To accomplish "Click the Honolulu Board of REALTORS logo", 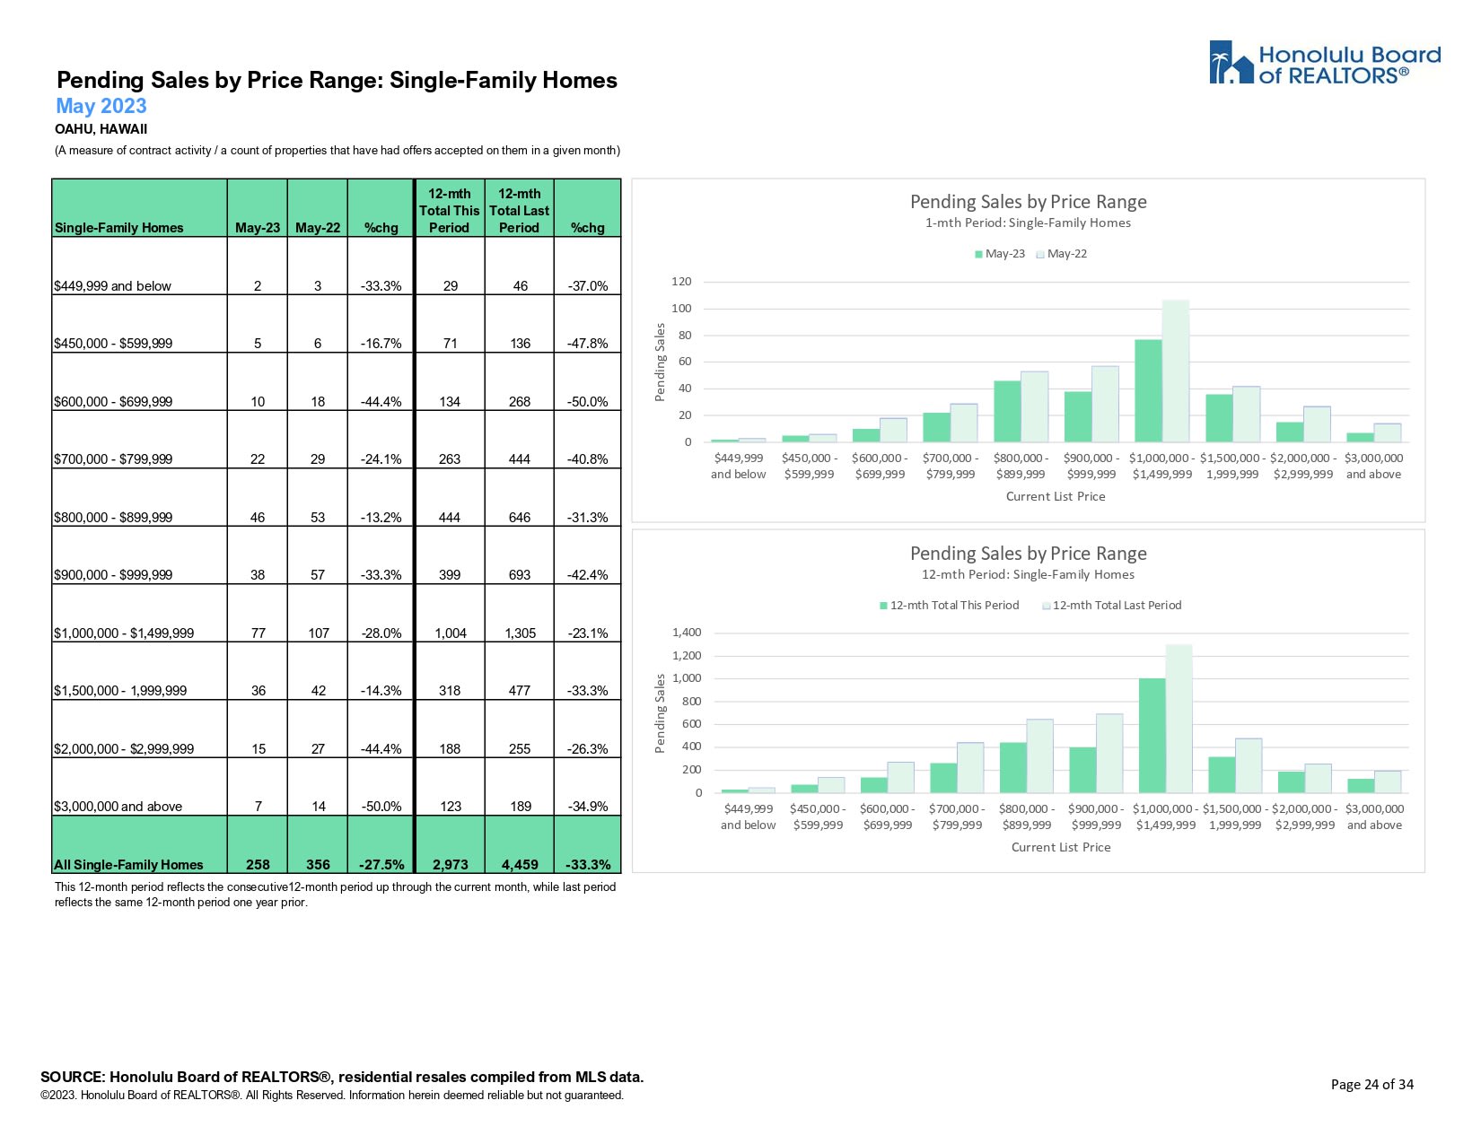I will tap(1324, 63).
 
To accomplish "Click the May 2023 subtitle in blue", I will tap(101, 106).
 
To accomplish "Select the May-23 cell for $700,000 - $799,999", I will tap(258, 458).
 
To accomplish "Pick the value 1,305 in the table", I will tap(520, 633).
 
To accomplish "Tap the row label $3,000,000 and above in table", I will tap(118, 806).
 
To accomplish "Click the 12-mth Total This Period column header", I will tap(449, 210).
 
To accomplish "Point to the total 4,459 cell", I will tap(520, 864).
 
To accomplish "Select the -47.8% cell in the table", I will tap(588, 343).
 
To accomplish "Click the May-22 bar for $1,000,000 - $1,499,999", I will tap(1175, 371).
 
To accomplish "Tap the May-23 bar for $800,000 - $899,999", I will tap(1007, 411).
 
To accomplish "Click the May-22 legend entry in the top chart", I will tap(1062, 254).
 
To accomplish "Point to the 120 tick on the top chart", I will tap(681, 282).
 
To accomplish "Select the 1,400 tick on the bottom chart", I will tap(686, 633).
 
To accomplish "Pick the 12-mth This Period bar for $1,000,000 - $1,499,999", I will tap(1152, 735).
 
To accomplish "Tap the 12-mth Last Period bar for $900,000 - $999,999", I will tap(1109, 753).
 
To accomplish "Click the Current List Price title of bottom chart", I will tap(1060, 847).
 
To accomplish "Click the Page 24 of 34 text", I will tap(1371, 1084).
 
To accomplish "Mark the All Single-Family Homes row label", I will tap(128, 864).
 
